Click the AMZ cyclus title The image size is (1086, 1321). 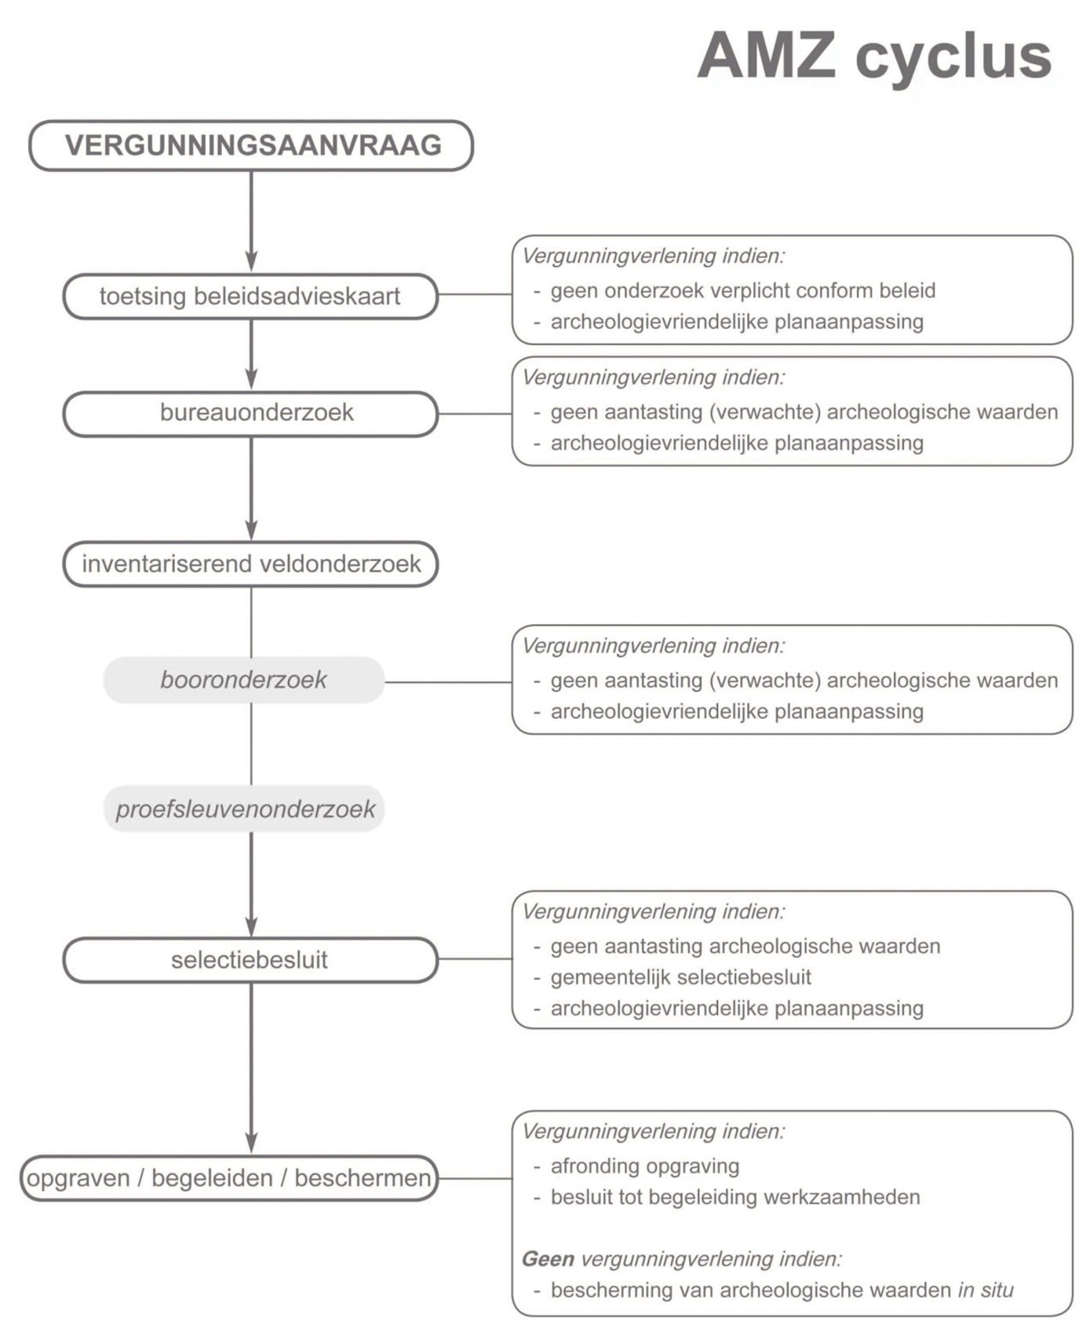pyautogui.click(x=874, y=57)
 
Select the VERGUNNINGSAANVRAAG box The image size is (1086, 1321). pyautogui.click(x=251, y=145)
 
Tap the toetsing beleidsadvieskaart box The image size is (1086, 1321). pyautogui.click(x=250, y=296)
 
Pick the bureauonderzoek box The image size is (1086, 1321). pyautogui.click(x=250, y=413)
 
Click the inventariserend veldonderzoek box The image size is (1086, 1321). pyautogui.click(x=250, y=564)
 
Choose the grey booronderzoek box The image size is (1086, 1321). pyautogui.click(x=243, y=680)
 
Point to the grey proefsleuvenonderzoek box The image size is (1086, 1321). pyautogui.click(x=244, y=808)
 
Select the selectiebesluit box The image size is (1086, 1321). pyautogui.click(x=250, y=959)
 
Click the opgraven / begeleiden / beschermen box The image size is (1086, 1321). pyautogui.click(x=228, y=1177)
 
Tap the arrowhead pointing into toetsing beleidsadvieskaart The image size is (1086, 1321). pyautogui.click(x=251, y=262)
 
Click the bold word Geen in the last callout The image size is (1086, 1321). pyautogui.click(x=548, y=1259)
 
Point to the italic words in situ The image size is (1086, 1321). pyautogui.click(x=986, y=1290)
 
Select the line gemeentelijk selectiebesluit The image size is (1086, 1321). pyautogui.click(x=680, y=977)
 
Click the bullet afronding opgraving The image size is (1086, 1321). pyautogui.click(x=644, y=1166)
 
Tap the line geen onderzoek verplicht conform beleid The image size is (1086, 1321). pyautogui.click(x=742, y=290)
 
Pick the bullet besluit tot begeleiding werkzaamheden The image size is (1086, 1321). pyautogui.click(x=734, y=1198)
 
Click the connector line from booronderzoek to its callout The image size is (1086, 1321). pyautogui.click(x=448, y=682)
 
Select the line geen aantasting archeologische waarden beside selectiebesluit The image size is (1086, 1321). pyautogui.click(x=745, y=947)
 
